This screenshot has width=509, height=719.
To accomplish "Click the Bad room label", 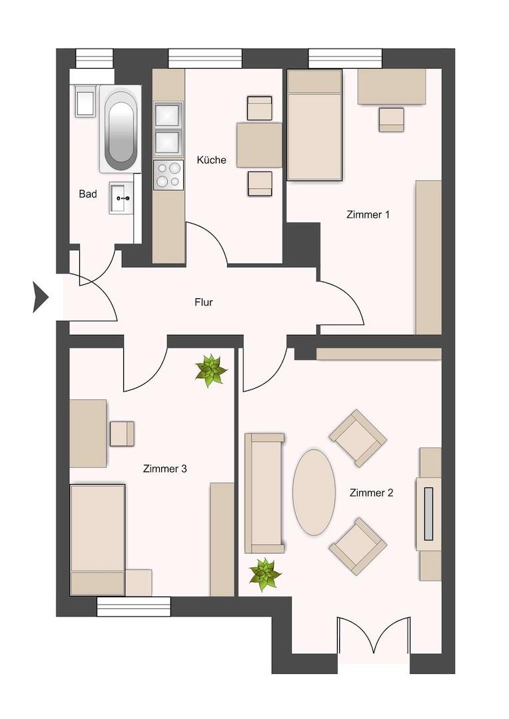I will (x=88, y=194).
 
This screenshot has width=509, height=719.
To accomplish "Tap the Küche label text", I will (x=211, y=160).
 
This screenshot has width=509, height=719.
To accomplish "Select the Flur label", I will (x=203, y=302).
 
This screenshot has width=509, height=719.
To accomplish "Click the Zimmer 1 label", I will (x=368, y=215).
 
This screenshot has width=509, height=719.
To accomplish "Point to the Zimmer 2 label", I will (x=371, y=493).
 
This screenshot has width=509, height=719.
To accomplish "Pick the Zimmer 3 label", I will (x=165, y=469).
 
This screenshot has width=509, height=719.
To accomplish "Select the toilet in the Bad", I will (x=85, y=102).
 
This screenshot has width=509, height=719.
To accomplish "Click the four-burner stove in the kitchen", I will (x=168, y=174).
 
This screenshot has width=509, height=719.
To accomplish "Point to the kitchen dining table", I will (x=259, y=145).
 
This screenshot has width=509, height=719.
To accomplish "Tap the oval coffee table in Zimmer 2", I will (x=314, y=492).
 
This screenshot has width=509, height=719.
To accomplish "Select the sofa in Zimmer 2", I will (x=264, y=493).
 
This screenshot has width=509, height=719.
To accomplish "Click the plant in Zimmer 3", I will (x=211, y=371).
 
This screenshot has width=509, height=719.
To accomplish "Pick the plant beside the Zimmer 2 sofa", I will (x=264, y=574).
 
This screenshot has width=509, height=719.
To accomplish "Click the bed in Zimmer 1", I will (x=314, y=126).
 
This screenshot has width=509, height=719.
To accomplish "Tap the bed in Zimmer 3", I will (x=97, y=539).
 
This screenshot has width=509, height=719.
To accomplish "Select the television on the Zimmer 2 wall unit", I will (x=429, y=513).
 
